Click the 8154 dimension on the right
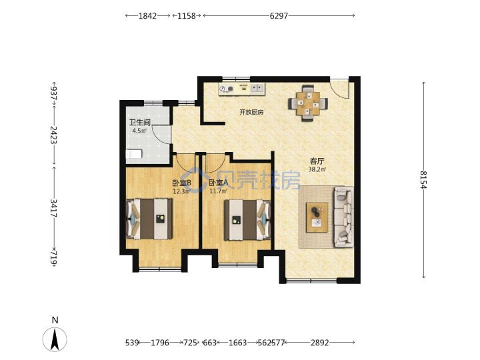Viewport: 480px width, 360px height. (x=423, y=180)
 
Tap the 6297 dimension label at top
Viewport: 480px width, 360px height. (x=279, y=16)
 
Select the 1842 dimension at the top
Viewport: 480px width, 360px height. (x=147, y=16)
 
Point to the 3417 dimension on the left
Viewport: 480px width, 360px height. (x=54, y=208)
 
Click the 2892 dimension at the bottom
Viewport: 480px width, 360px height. (x=319, y=343)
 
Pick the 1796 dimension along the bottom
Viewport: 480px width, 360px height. (x=160, y=343)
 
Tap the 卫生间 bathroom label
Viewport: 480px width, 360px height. (x=139, y=123)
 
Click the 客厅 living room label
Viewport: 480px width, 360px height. (x=317, y=161)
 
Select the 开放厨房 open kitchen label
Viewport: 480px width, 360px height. (x=251, y=112)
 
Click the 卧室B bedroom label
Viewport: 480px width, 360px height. (x=181, y=183)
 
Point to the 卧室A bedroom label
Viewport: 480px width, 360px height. (x=219, y=183)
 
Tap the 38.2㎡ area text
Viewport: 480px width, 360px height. (x=317, y=169)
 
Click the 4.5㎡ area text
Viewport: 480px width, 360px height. (x=139, y=131)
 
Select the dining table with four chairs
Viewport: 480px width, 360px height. (x=308, y=103)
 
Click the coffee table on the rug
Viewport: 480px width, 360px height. (x=317, y=217)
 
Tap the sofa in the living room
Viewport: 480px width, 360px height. (x=344, y=217)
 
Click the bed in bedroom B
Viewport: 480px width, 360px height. (x=149, y=219)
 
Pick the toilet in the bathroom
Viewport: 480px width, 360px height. (x=134, y=154)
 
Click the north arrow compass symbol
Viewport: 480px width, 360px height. (x=55, y=339)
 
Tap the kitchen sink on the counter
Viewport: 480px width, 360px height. (x=257, y=89)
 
